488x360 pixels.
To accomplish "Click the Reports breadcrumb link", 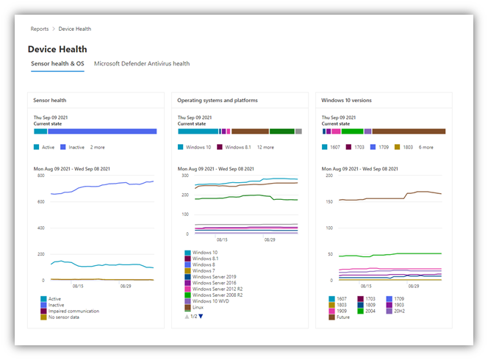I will pyautogui.click(x=40, y=29).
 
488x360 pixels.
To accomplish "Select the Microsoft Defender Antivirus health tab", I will pyautogui.click(x=142, y=64).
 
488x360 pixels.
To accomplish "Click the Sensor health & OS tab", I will pyautogui.click(x=57, y=64).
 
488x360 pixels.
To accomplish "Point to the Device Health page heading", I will pyautogui.click(x=57, y=49).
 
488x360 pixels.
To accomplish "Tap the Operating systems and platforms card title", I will pyautogui.click(x=218, y=100).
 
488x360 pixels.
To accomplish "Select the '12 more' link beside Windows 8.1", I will pyautogui.click(x=264, y=147).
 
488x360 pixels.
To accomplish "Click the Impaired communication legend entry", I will pyautogui.click(x=73, y=311).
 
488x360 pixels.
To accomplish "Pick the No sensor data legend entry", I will pyautogui.click(x=66, y=317).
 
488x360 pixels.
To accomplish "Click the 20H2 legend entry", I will pyautogui.click(x=400, y=311).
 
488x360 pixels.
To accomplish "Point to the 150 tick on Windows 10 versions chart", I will pyautogui.click(x=329, y=201).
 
